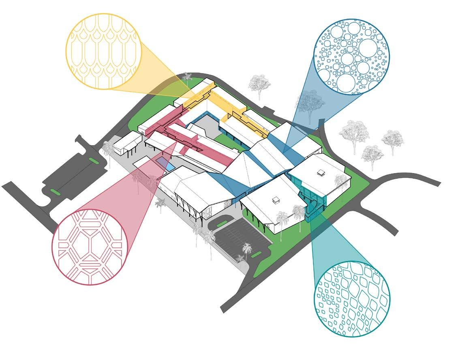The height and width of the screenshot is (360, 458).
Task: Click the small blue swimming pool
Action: click(166, 164)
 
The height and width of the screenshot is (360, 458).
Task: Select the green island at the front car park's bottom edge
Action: click(256, 255)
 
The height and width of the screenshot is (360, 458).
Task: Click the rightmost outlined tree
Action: click(392, 139)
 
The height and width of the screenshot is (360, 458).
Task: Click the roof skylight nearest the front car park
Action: click(276, 199)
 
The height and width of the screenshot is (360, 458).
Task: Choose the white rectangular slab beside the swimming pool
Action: click(143, 163)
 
